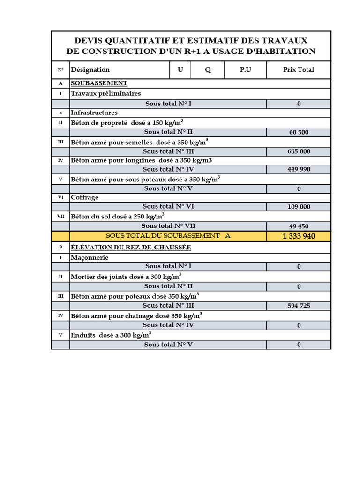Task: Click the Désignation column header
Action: click(x=90, y=70)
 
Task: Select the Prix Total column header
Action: click(x=299, y=70)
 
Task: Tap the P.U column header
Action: click(x=246, y=70)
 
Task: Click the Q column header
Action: click(x=208, y=70)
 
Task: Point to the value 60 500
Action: click(x=299, y=132)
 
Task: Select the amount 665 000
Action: click(x=299, y=151)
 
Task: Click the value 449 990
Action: click(x=299, y=169)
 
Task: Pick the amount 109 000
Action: click(x=299, y=206)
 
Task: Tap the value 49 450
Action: click(x=299, y=226)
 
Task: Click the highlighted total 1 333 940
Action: click(x=299, y=236)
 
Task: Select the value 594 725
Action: click(x=299, y=306)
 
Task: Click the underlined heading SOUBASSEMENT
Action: click(x=99, y=83)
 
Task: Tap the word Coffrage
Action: click(x=84, y=197)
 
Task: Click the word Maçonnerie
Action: click(x=90, y=257)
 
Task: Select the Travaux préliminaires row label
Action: click(x=105, y=93)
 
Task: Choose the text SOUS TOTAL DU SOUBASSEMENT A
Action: click(x=168, y=236)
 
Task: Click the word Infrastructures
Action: click(x=94, y=112)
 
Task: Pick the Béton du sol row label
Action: click(x=117, y=217)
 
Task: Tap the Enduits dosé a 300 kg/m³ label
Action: click(x=111, y=335)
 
